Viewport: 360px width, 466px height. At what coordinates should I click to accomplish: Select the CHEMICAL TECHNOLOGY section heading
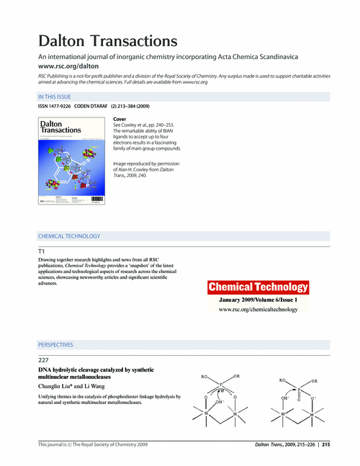coord(69,236)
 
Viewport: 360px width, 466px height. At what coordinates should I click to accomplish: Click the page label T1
coord(42,250)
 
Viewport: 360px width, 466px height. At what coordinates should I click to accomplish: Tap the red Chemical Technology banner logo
coord(258,287)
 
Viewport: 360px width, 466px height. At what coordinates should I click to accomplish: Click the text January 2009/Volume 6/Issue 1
coord(258,298)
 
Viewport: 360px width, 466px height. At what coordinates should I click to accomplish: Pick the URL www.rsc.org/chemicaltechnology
coord(258,309)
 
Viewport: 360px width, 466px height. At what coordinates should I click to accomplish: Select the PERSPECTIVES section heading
coord(55,345)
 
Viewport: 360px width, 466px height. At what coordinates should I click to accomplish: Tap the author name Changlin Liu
coord(57,386)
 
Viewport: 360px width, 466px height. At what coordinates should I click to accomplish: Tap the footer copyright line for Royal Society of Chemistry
coord(93,445)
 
